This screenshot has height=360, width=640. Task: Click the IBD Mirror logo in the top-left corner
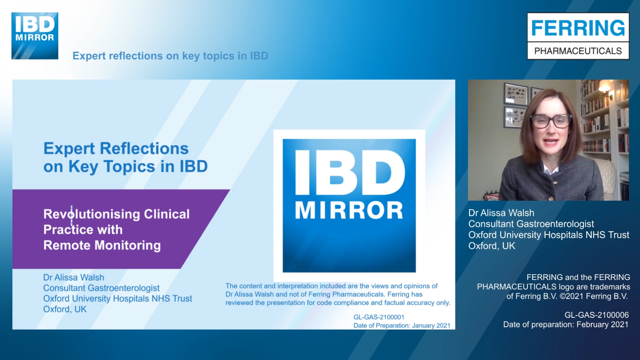[35, 36]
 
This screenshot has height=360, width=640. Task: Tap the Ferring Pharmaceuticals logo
[578, 36]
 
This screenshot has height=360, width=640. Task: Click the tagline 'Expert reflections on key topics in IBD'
[170, 56]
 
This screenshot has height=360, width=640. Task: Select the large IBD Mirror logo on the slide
[349, 205]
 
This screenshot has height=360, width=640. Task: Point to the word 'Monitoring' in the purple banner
[128, 245]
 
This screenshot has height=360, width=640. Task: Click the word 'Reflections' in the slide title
[144, 149]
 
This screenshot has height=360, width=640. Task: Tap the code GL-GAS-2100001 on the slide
[379, 317]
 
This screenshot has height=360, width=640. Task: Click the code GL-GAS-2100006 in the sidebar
[596, 315]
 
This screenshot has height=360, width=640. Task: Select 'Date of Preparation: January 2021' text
[402, 325]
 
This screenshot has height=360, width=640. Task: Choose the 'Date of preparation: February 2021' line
[566, 325]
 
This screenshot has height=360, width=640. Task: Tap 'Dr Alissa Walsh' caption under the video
[501, 213]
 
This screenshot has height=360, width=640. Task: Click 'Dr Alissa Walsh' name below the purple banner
[74, 277]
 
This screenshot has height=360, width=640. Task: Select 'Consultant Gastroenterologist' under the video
[531, 224]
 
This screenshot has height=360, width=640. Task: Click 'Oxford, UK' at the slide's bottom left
[65, 309]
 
